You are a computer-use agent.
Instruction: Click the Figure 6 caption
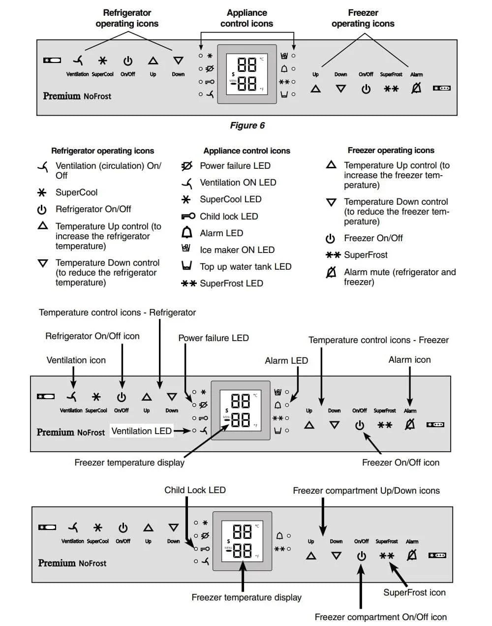click(x=247, y=125)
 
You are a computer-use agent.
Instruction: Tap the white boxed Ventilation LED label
click(x=141, y=431)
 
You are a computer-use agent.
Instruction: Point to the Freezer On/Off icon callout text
click(x=400, y=463)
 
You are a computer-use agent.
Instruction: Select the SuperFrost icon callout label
click(x=414, y=593)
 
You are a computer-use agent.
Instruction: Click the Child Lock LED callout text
click(x=195, y=490)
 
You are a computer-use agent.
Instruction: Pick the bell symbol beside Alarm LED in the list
click(x=186, y=233)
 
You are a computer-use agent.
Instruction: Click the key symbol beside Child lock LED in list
click(x=188, y=216)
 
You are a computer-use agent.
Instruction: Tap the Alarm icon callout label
click(x=409, y=360)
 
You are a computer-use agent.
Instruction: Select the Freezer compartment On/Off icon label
click(x=380, y=617)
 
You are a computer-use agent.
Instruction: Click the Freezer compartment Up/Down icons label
click(x=366, y=491)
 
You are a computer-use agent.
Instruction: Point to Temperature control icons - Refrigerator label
click(x=117, y=313)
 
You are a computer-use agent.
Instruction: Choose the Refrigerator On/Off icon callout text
click(x=92, y=336)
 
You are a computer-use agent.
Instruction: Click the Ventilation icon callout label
click(x=76, y=360)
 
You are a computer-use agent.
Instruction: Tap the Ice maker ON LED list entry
click(x=237, y=250)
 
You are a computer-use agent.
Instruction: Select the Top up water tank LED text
click(x=246, y=267)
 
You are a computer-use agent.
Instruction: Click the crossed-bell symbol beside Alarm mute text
click(x=332, y=272)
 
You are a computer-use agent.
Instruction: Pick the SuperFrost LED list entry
click(x=231, y=283)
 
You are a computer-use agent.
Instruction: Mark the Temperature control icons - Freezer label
click(x=378, y=340)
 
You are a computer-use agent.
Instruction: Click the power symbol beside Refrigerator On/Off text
click(x=42, y=210)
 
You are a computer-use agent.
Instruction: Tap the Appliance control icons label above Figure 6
click(x=246, y=18)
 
